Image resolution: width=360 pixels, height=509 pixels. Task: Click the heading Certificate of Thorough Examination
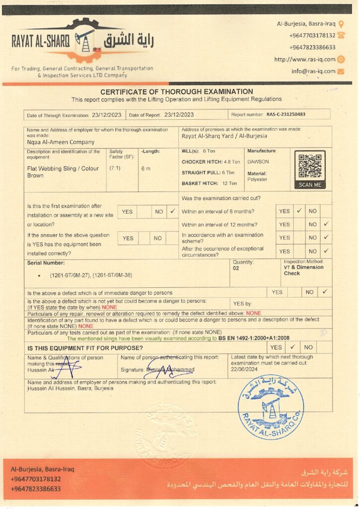(x=177, y=91)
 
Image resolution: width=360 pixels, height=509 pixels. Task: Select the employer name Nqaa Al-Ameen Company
(x=61, y=142)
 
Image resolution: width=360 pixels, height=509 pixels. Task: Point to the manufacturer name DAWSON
(x=258, y=162)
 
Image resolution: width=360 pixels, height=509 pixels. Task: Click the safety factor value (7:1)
(x=115, y=169)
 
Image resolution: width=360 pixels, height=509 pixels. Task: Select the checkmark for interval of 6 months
(x=299, y=211)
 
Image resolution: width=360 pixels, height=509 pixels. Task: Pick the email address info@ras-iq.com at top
(x=313, y=71)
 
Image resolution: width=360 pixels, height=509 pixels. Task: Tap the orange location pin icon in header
(x=341, y=24)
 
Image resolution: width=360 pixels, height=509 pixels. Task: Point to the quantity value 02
(x=236, y=268)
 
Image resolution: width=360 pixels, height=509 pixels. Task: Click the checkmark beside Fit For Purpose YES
(x=293, y=347)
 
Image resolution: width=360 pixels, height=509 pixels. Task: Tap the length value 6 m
(x=145, y=169)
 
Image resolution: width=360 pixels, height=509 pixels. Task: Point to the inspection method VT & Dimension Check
(x=303, y=270)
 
